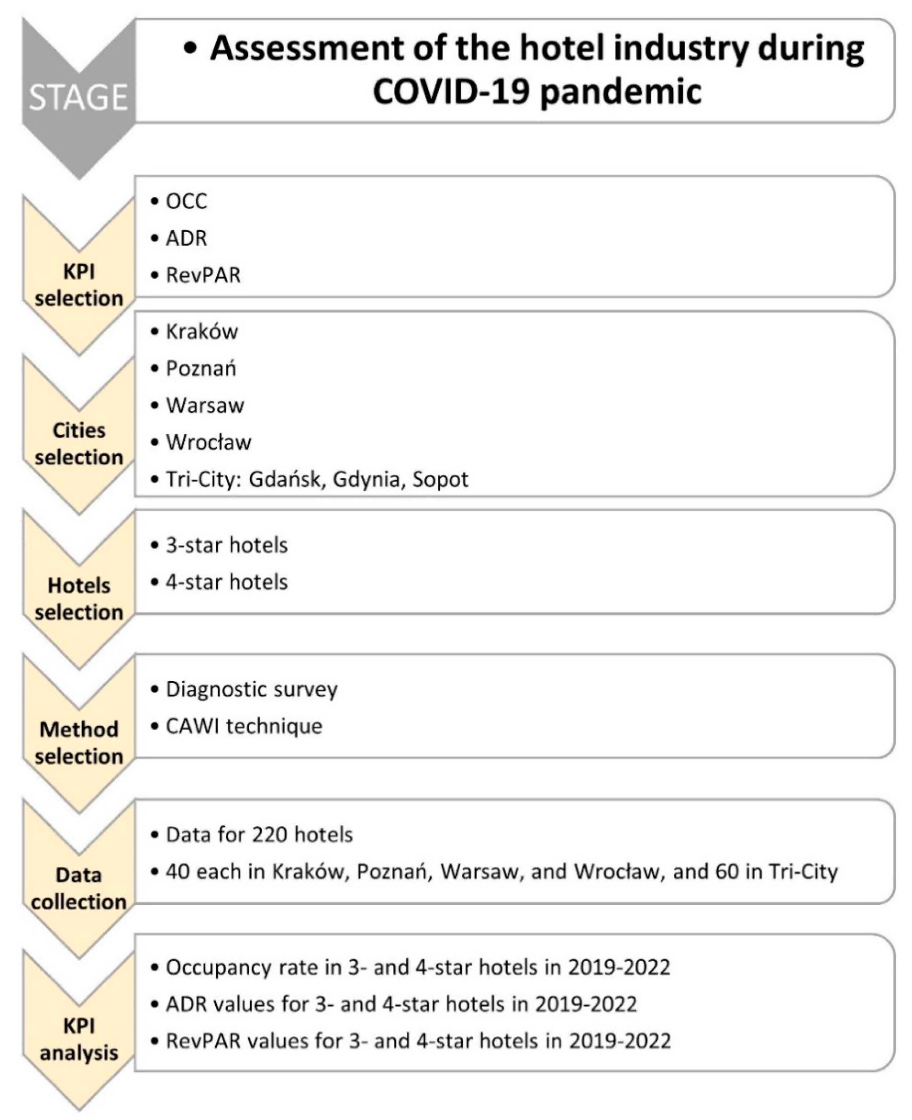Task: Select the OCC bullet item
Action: tap(186, 201)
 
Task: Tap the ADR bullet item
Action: tap(186, 239)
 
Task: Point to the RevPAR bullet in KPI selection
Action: tap(203, 275)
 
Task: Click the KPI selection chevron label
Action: tap(79, 285)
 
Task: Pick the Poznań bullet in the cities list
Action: tap(201, 369)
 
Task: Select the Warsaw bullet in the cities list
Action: tap(205, 406)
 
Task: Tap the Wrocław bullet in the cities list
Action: tap(209, 442)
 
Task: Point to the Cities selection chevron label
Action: tap(79, 444)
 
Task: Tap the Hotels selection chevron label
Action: tap(79, 599)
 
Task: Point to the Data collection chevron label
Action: tap(79, 888)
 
